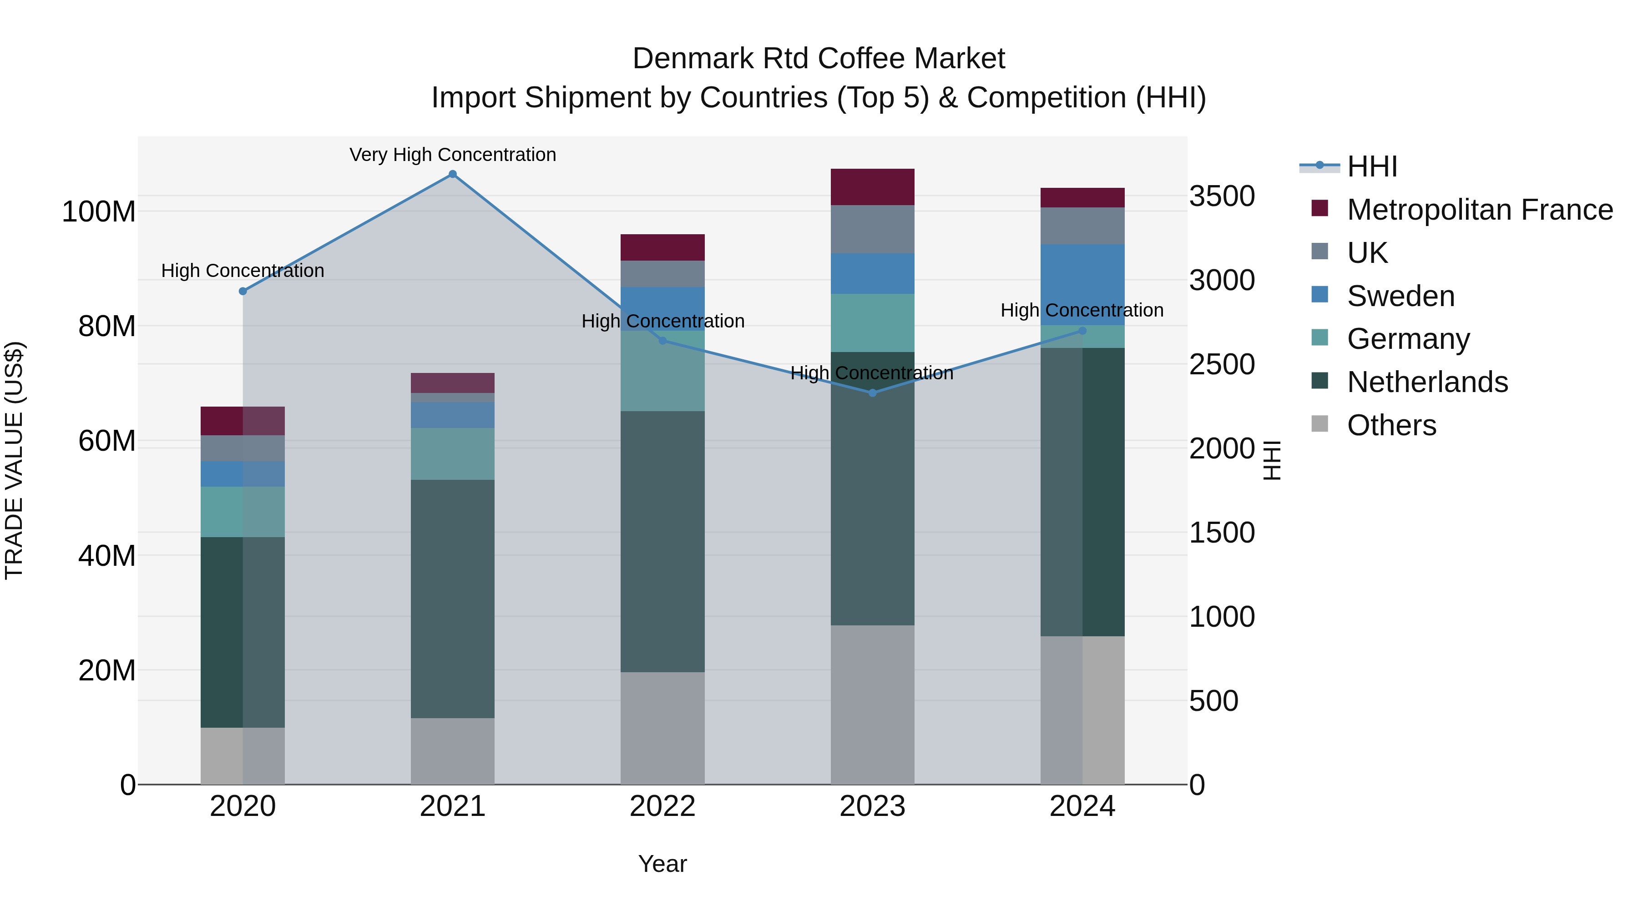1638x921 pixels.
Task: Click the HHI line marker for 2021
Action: pyautogui.click(x=453, y=174)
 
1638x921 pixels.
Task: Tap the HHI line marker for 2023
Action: pyautogui.click(x=872, y=393)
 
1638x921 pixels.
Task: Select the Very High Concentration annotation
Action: pyautogui.click(x=453, y=155)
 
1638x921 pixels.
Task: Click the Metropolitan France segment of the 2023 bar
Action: pyautogui.click(x=872, y=187)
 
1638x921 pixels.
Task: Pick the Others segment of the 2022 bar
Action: pyautogui.click(x=662, y=728)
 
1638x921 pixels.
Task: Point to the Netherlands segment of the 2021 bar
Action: pyautogui.click(x=453, y=599)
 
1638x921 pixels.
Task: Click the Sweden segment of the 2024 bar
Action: pyautogui.click(x=1082, y=285)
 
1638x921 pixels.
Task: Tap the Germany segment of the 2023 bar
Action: pyautogui.click(x=872, y=323)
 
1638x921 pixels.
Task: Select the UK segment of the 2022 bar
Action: pyautogui.click(x=662, y=274)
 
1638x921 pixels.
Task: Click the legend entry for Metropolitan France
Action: pyautogui.click(x=1480, y=210)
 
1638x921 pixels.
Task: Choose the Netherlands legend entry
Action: pyautogui.click(x=1427, y=382)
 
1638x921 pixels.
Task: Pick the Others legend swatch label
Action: pyautogui.click(x=1391, y=425)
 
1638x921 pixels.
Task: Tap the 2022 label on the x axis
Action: pyautogui.click(x=662, y=806)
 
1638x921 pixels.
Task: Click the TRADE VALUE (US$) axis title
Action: pyautogui.click(x=14, y=460)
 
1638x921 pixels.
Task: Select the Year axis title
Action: pyautogui.click(x=662, y=864)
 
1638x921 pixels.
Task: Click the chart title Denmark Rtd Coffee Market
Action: pyautogui.click(x=819, y=59)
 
